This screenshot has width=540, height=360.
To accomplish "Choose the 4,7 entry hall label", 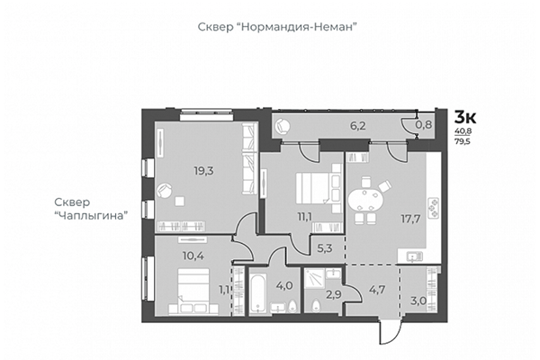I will point(375,290).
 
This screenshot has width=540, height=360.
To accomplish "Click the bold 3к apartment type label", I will point(465,117).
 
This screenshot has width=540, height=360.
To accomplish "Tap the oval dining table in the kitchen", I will point(364,196).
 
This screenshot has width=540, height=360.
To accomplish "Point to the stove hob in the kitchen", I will point(432,209).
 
